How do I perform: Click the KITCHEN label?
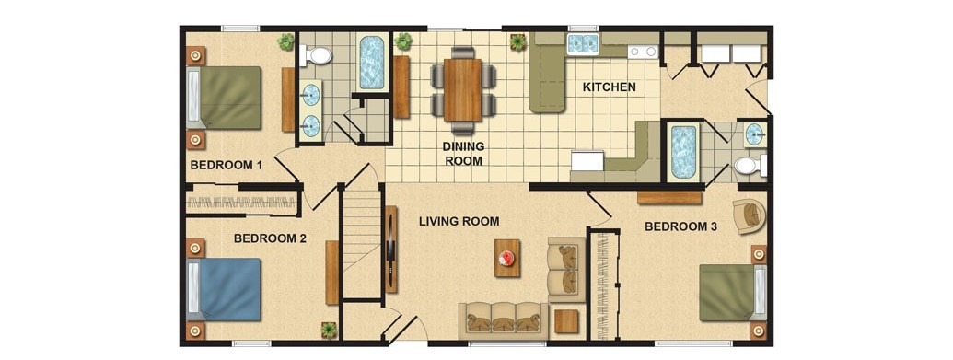point(609,87)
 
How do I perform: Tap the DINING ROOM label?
point(463,154)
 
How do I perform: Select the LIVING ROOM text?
point(459,221)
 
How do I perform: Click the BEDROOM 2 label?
point(270,238)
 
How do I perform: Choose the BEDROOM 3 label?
point(680,227)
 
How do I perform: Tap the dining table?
point(462,90)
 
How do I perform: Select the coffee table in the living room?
point(507,258)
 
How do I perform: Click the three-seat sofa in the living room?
point(503,318)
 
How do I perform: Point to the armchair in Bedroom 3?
point(749,215)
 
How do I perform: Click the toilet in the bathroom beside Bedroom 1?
point(316,56)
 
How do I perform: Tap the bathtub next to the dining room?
point(371,63)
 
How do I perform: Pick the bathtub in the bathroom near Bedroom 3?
point(683,152)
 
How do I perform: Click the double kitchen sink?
point(582,43)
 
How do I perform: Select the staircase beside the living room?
point(362,243)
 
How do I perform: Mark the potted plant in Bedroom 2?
point(329,330)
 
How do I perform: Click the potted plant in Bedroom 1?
point(285,42)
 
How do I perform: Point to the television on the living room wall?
point(390,250)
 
